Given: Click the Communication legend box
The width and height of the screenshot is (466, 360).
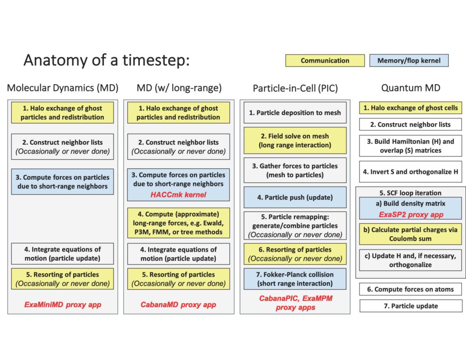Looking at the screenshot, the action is click(325, 61).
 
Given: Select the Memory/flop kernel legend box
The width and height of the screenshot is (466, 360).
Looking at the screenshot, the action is click(409, 61).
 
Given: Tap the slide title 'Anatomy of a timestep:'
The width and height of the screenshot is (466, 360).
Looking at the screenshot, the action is click(106, 60).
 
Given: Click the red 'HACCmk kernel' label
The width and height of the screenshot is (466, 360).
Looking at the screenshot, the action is click(178, 195).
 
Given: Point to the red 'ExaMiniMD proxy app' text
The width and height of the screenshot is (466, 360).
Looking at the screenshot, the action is click(63, 305).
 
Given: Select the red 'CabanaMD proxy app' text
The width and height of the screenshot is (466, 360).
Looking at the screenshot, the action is click(178, 305).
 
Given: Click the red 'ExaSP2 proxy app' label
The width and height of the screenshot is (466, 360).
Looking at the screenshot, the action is click(411, 215).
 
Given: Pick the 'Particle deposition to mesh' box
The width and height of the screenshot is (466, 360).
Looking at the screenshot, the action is click(295, 113).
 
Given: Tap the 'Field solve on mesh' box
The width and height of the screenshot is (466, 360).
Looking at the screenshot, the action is click(295, 140).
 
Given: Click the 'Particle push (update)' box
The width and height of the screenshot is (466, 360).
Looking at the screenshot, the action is click(295, 197).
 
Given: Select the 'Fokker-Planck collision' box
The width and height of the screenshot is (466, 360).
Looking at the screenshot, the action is click(295, 279).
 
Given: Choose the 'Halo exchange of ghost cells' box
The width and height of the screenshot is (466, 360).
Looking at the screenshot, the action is click(410, 107).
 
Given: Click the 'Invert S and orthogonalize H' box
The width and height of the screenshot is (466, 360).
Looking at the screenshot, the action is click(410, 172).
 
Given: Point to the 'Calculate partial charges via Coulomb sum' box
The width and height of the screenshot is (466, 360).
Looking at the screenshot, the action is click(410, 234).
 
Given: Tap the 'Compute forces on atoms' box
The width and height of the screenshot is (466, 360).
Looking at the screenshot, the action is click(410, 289).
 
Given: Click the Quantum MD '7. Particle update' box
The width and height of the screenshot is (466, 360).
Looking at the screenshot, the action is click(411, 305).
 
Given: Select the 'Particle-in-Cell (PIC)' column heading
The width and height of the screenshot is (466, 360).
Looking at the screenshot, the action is click(295, 88).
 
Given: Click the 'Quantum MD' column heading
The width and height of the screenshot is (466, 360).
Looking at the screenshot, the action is click(410, 88).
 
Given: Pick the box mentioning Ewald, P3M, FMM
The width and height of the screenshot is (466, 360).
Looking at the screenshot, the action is click(178, 223).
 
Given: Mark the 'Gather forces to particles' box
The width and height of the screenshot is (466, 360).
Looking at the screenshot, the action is click(295, 170).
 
